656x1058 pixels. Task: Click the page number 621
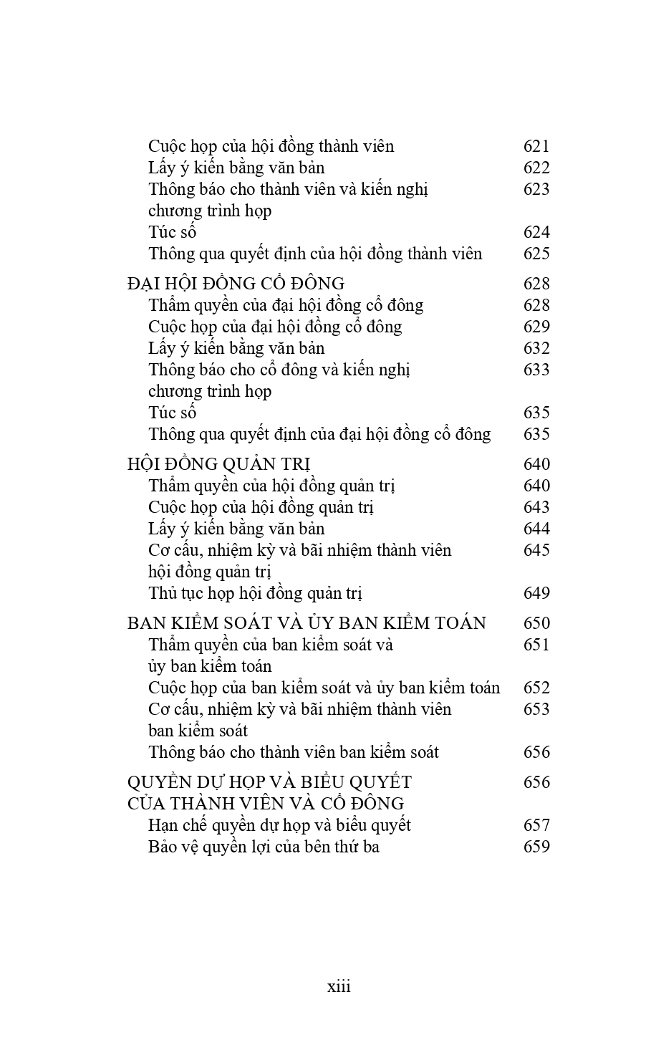pos(536,146)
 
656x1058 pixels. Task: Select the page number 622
pos(536,168)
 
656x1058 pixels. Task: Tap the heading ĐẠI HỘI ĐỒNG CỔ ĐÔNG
pos(236,284)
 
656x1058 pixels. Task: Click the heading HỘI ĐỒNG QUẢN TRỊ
pos(218,464)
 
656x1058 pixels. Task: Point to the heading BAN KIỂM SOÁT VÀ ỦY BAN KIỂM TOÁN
pos(307,623)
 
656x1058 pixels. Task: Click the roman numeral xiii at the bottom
pos(339,986)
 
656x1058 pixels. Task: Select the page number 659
pos(536,847)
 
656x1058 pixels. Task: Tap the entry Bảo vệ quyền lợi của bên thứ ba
pos(264,847)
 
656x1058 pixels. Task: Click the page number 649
pos(536,593)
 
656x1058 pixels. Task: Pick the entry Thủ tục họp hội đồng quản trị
pos(256,593)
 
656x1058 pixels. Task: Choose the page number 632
pos(536,348)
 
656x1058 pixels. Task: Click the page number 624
pos(536,232)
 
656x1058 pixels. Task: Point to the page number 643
pos(536,507)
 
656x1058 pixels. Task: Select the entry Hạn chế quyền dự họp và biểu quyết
pos(279,825)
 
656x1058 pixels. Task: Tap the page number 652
pos(536,688)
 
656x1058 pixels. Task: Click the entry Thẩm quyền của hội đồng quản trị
pos(272,486)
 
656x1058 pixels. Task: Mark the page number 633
pos(536,370)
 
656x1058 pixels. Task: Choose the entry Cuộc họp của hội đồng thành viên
pos(271,146)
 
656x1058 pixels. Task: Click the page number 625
pos(536,254)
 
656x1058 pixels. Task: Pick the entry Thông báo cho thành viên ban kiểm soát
pos(294,752)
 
